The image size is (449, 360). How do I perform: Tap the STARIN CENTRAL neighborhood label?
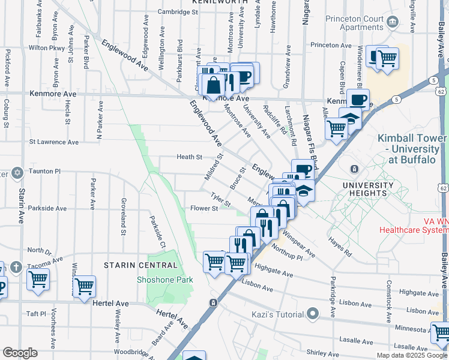pos(140,265)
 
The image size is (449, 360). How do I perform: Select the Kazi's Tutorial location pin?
pos(312,314)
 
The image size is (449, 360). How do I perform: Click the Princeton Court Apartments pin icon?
pos(393,23)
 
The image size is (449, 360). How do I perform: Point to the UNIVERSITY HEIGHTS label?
pos(372,189)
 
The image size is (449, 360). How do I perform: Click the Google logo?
pos(20,353)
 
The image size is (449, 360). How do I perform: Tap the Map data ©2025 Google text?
pos(411,355)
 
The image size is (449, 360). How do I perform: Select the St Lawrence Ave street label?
pos(54,142)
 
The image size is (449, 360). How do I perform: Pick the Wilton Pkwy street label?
pos(46,47)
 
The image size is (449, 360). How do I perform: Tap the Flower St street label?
pos(203,209)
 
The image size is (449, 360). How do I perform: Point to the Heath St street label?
pos(189,157)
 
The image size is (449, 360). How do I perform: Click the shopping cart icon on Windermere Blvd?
pos(387,59)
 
